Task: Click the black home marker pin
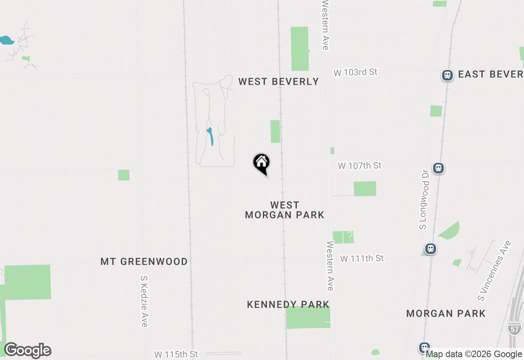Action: tap(261, 163)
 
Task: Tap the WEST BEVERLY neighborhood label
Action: tap(278, 81)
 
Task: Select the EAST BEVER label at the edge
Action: tap(490, 74)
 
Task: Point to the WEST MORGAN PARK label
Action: tap(285, 210)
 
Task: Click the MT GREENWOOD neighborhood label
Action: tap(144, 261)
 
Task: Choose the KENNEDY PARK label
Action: tap(288, 304)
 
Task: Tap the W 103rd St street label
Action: tap(355, 72)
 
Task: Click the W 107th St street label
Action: tap(359, 166)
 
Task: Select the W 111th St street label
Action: tap(362, 259)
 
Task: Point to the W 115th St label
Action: tap(176, 353)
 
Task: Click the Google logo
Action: tap(27, 351)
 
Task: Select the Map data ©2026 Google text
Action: tap(474, 354)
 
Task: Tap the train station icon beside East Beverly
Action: tap(447, 75)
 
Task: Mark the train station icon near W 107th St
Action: tap(438, 168)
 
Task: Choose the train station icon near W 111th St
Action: tap(430, 248)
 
